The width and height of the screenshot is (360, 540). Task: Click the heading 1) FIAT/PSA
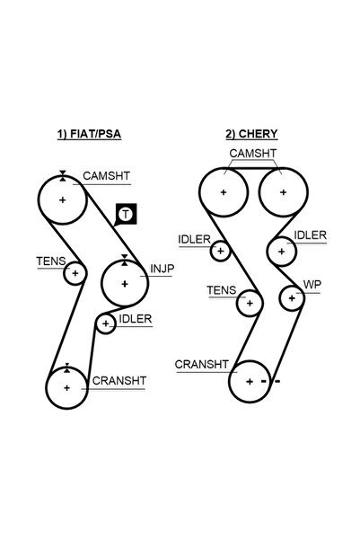click(89, 134)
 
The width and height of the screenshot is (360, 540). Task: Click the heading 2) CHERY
click(251, 134)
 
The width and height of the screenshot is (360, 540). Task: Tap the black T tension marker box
click(126, 214)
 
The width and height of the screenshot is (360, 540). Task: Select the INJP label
click(162, 269)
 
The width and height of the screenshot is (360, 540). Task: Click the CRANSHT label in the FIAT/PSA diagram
click(119, 381)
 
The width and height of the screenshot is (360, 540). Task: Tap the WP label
click(312, 285)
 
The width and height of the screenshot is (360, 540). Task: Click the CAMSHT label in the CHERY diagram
click(253, 154)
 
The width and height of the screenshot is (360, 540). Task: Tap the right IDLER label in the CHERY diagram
click(310, 235)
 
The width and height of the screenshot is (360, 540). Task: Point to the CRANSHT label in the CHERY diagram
click(201, 365)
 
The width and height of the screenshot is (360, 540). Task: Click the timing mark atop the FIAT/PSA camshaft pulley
click(62, 175)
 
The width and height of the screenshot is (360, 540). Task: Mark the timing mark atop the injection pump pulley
click(125, 260)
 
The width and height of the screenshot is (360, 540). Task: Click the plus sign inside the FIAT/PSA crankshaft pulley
click(66, 388)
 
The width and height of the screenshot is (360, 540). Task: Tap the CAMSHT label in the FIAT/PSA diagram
click(106, 175)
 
